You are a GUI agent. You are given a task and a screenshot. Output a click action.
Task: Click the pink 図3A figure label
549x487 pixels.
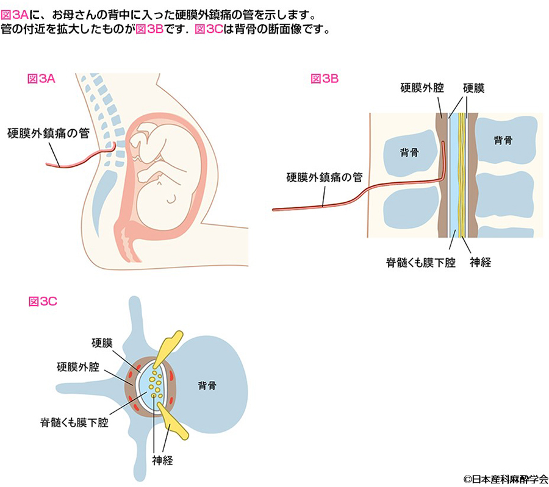pos(42,78)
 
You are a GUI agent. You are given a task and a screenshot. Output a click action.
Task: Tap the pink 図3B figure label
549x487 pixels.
pos(325,78)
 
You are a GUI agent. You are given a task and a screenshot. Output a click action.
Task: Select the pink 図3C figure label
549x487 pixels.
pos(43,300)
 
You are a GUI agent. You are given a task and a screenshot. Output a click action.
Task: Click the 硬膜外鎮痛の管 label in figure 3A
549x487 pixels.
pos(48,132)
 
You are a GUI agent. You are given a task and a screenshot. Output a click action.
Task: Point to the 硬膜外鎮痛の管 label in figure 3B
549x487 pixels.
pos(325,178)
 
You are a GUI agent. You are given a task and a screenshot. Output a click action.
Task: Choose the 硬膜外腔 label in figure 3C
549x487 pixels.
pos(79,368)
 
